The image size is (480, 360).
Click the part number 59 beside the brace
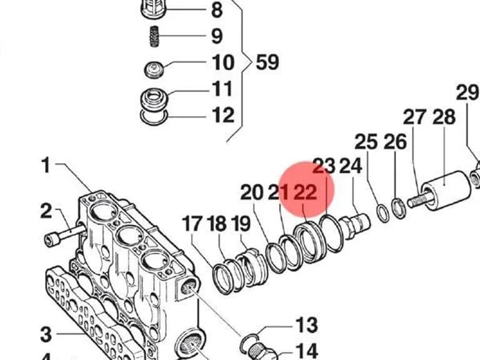[x=267, y=62]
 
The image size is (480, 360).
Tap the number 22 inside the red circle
[x=305, y=192]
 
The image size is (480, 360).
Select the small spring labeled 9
[x=154, y=36]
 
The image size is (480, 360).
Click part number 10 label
[x=223, y=62]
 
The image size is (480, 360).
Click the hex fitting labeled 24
[x=356, y=225]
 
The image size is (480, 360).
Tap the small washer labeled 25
[x=382, y=213]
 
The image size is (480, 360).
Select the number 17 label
[x=192, y=223]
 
